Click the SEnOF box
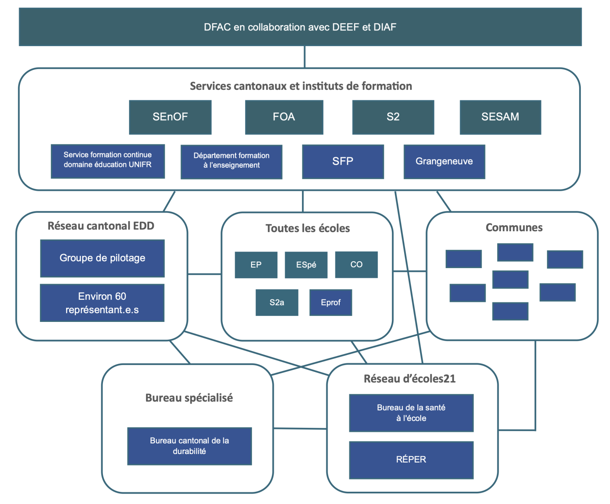click(x=170, y=117)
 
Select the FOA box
click(x=284, y=117)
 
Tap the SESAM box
click(x=500, y=117)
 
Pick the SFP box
click(x=343, y=161)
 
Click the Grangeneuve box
click(x=444, y=161)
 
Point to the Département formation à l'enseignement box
click(x=231, y=161)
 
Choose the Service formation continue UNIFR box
click(x=108, y=161)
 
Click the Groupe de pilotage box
click(x=102, y=258)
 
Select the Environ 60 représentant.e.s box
click(x=102, y=303)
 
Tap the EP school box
click(x=256, y=265)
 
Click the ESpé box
click(x=306, y=265)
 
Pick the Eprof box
click(x=330, y=302)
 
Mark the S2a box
click(x=277, y=302)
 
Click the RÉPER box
click(x=411, y=460)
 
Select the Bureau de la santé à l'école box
click(x=411, y=413)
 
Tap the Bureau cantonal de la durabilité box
click(x=189, y=446)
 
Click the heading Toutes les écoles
click(x=308, y=228)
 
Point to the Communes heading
click(x=514, y=227)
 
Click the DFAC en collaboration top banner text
click(x=300, y=27)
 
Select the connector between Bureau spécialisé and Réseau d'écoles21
click(x=300, y=429)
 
